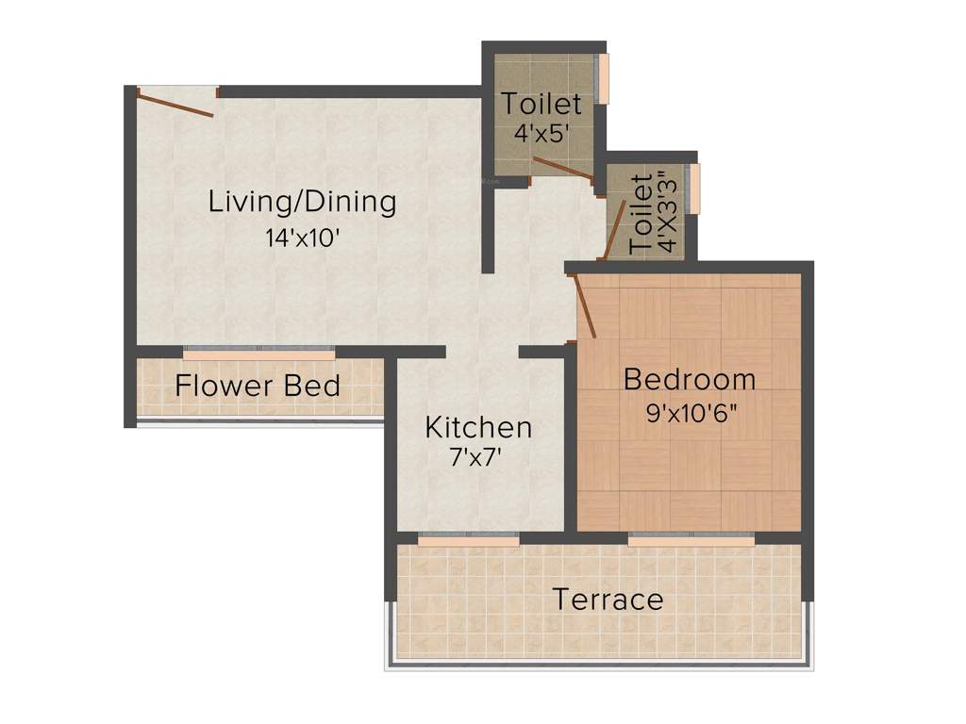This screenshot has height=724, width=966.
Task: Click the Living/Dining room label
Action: coord(302,202)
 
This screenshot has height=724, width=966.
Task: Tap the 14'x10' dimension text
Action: coord(302,238)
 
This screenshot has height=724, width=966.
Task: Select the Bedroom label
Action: coord(690,380)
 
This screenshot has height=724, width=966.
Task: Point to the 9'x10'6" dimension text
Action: coord(690,414)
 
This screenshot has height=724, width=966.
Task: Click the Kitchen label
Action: coord(478,428)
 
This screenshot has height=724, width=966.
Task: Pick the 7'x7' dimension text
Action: coord(478,459)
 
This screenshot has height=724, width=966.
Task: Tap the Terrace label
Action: coord(608,600)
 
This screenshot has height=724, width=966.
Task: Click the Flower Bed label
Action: coord(258,386)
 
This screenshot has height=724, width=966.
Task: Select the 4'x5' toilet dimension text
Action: coord(541,133)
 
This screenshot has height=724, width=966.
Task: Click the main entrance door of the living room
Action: coord(175,102)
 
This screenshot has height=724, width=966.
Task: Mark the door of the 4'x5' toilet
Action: coord(562,168)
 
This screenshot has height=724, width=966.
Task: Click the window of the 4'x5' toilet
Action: coord(605,77)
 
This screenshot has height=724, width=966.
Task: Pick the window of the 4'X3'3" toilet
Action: coord(696,188)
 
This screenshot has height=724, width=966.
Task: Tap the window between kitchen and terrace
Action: coord(468,541)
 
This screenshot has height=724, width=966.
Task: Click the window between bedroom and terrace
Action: coord(691,541)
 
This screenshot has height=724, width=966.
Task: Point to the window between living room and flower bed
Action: coord(258,354)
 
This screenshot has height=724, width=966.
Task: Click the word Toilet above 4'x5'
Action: coord(541,103)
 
